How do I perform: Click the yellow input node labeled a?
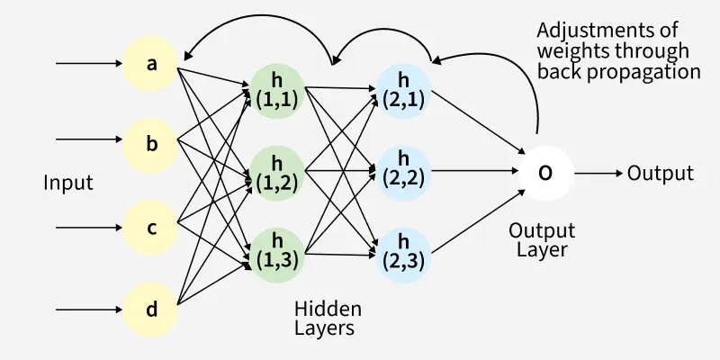pyautogui.click(x=151, y=64)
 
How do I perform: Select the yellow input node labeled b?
pyautogui.click(x=151, y=141)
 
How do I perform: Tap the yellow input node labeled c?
pyautogui.click(x=151, y=227)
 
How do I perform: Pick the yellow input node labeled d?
pyautogui.click(x=151, y=309)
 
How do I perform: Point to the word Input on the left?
pyautogui.click(x=68, y=183)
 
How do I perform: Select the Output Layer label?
pyautogui.click(x=542, y=239)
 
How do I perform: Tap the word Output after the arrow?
pyautogui.click(x=661, y=173)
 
